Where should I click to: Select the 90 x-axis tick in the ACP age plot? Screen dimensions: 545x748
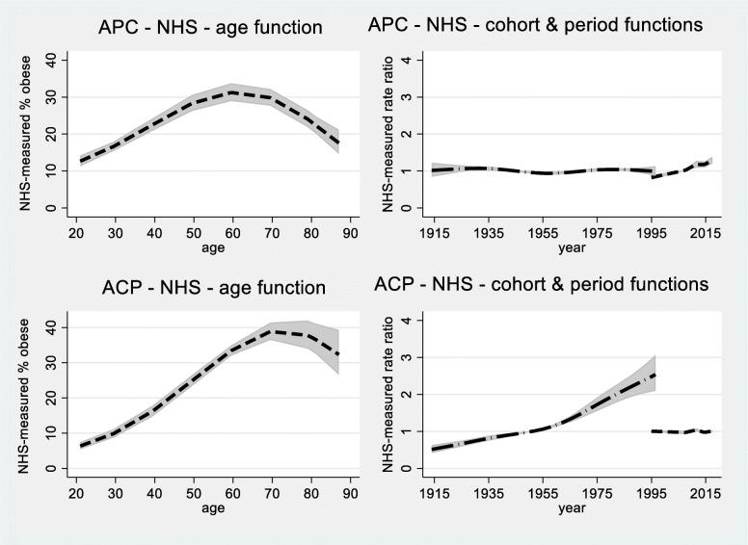tap(354, 489)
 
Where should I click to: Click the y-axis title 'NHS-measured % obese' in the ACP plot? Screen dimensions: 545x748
tap(12, 394)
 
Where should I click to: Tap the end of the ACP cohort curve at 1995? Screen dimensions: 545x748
tap(654, 375)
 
